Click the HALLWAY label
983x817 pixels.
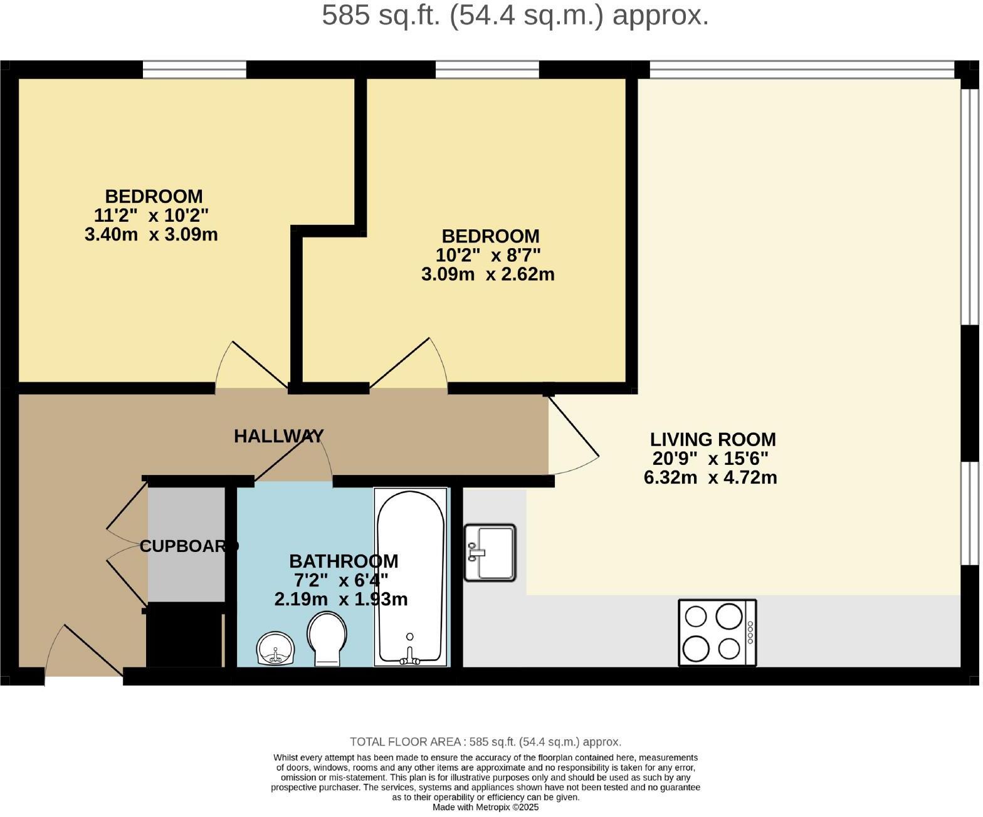[278, 436]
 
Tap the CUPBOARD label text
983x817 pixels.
[189, 546]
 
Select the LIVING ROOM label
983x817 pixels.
[713, 439]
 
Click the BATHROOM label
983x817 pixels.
[343, 561]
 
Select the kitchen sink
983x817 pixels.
[490, 553]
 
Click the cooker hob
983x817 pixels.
[717, 632]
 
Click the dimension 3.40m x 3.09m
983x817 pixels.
[151, 235]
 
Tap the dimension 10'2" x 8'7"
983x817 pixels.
[488, 256]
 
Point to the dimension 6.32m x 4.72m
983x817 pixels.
[710, 478]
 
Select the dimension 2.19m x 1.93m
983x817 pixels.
[341, 600]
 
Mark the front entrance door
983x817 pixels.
[85, 652]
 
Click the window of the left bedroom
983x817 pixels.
[194, 70]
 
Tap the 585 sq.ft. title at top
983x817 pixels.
[515, 15]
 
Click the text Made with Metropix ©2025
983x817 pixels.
[485, 808]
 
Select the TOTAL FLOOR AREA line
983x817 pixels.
[485, 742]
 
